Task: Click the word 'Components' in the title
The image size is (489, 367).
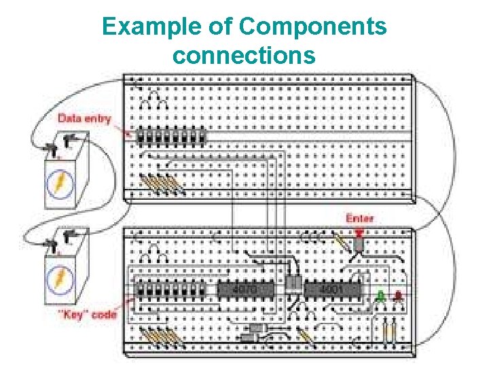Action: (313, 27)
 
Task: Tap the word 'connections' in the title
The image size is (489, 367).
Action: (244, 55)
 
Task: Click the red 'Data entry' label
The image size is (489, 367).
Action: (84, 118)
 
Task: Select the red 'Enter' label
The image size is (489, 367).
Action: (359, 219)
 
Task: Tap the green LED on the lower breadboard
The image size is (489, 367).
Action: (381, 296)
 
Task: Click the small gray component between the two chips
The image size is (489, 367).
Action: (293, 285)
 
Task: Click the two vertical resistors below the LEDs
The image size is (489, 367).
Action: (389, 332)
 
